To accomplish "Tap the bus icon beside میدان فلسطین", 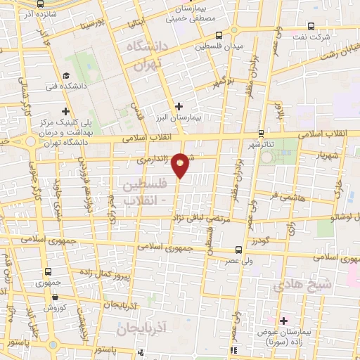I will [x=219, y=35].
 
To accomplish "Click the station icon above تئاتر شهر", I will [x=261, y=132].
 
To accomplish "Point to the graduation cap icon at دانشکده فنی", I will [x=66, y=76].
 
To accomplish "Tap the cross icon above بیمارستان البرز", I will [x=180, y=106].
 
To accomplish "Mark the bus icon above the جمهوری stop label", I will [x=48, y=271].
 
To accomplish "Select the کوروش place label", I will [x=55, y=307].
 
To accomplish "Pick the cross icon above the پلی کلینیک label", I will [x=66, y=111].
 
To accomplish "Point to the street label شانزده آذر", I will [x=30, y=13].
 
